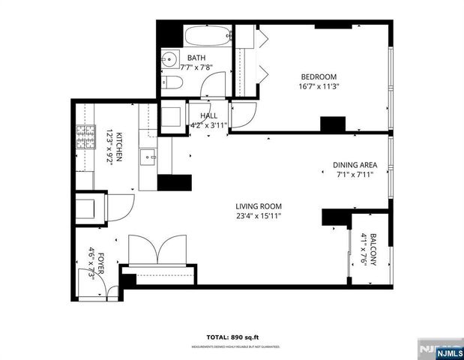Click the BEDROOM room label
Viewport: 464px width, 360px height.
tap(319, 76)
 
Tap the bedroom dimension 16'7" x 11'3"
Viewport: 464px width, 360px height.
tap(319, 86)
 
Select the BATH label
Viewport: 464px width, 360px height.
tap(196, 58)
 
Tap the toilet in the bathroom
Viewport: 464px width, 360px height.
tap(171, 83)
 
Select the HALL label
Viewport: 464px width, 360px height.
tap(208, 115)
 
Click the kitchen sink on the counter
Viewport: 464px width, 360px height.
tap(147, 157)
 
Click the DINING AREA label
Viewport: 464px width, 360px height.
tap(355, 165)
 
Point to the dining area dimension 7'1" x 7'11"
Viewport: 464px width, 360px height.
tap(355, 175)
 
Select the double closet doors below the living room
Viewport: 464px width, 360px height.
tap(157, 250)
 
